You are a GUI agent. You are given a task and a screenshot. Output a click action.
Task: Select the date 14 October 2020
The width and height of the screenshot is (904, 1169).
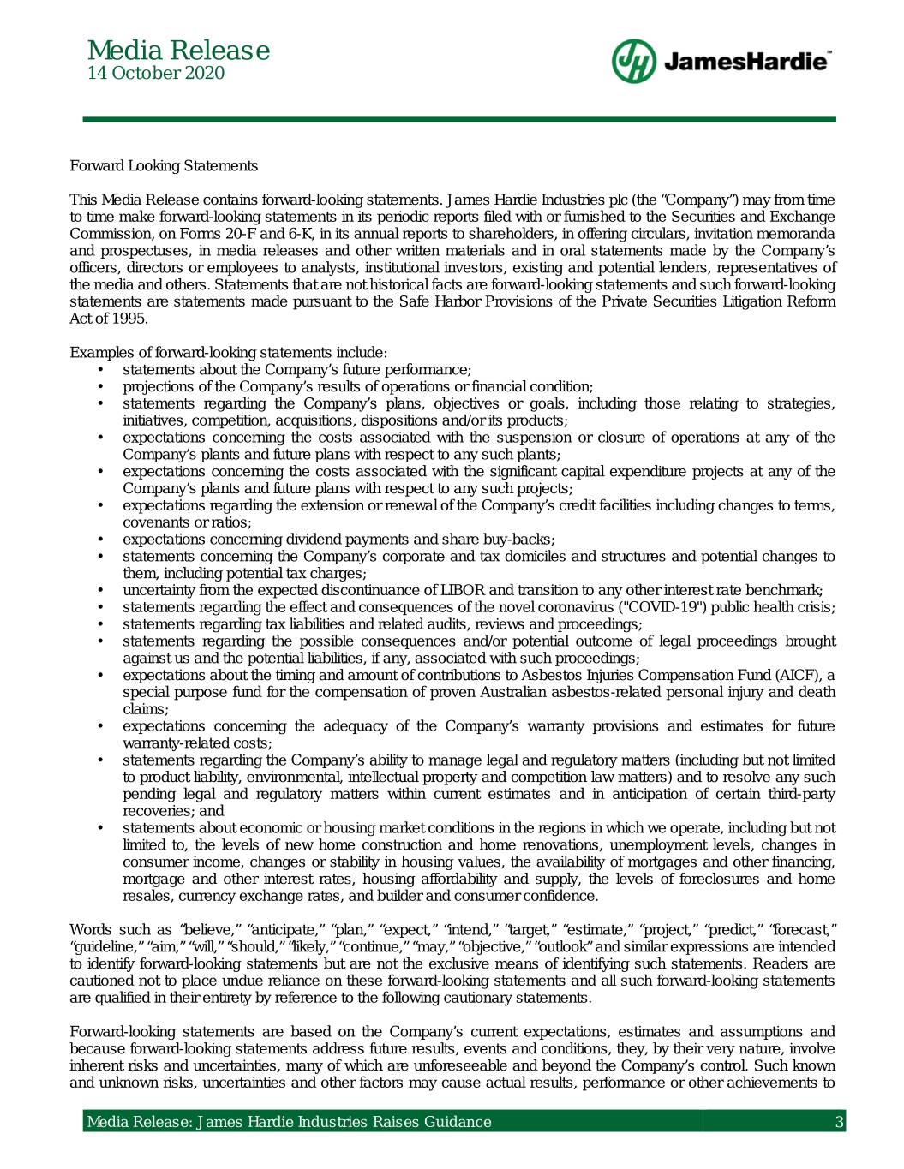(x=157, y=74)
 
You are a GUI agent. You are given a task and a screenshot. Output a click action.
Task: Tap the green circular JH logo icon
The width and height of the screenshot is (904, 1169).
(x=633, y=61)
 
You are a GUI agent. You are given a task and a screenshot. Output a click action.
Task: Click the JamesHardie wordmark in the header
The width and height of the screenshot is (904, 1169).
(x=745, y=62)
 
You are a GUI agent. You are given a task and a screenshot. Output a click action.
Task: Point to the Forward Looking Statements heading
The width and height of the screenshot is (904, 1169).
(x=164, y=165)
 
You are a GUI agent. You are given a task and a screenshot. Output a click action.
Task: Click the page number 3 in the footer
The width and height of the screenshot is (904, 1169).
(x=840, y=1122)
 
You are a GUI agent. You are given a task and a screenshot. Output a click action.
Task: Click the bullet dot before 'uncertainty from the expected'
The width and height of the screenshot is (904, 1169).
(x=102, y=590)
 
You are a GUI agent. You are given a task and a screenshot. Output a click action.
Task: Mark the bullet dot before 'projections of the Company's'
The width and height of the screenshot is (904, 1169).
(x=102, y=386)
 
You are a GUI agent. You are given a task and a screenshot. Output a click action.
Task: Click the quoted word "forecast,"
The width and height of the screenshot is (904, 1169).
(x=802, y=929)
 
